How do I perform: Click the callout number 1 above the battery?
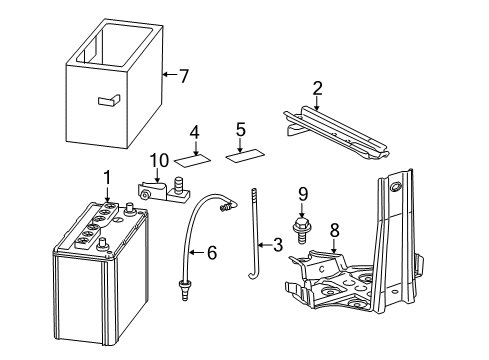coord(105,177)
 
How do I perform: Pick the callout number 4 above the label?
coord(195,131)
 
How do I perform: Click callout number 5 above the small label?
coord(240,129)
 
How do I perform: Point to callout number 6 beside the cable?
coord(211,254)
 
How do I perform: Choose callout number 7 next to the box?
coord(182,74)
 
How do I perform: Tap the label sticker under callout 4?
coord(193,157)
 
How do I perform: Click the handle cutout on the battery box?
coord(107,99)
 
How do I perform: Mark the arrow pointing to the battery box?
coord(168,75)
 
